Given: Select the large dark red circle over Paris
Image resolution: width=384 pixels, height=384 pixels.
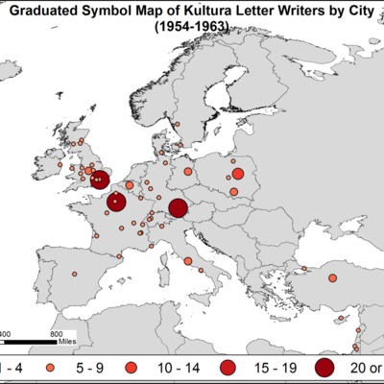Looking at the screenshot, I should pos(117,202).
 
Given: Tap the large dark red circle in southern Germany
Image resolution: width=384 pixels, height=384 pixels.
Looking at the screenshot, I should pos(178,208).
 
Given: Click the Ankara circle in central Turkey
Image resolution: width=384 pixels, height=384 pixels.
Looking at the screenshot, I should pos(333,278).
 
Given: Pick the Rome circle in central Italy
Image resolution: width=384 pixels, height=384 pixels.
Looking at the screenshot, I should pos(188,260).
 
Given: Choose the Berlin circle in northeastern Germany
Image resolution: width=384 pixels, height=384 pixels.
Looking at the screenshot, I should pos(188,173).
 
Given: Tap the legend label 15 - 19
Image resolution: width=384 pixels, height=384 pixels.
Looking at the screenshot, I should pos(272,368).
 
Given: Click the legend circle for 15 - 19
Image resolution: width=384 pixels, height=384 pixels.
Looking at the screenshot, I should pos(228,368).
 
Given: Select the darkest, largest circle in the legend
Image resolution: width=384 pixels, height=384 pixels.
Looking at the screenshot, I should pos(324,368).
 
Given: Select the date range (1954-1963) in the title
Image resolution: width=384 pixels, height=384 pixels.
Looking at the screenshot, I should pos(192,29).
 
